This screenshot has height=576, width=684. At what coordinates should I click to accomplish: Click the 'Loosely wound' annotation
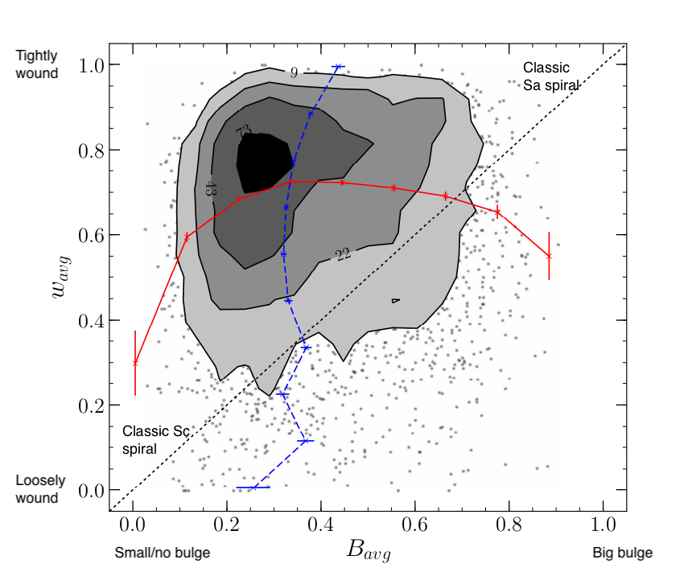pyautogui.click(x=37, y=489)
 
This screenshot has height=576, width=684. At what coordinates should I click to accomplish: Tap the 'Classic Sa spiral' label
pyautogui.click(x=551, y=74)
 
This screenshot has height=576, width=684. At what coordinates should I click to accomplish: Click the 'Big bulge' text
pyautogui.click(x=622, y=553)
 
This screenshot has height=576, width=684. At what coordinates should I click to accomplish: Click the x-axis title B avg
pyautogui.click(x=369, y=550)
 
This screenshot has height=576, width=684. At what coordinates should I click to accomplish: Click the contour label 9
pyautogui.click(x=295, y=73)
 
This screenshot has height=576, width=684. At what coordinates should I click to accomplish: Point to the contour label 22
pyautogui.click(x=342, y=255)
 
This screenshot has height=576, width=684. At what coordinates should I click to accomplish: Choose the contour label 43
pyautogui.click(x=210, y=189)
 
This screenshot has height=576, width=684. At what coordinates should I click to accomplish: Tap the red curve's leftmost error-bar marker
pyautogui.click(x=135, y=363)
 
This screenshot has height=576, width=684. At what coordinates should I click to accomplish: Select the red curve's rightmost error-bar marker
pyautogui.click(x=549, y=256)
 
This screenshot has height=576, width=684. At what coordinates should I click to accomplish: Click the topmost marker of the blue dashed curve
pyautogui.click(x=338, y=67)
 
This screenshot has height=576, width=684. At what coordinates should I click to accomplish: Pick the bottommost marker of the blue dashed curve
pyautogui.click(x=253, y=488)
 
